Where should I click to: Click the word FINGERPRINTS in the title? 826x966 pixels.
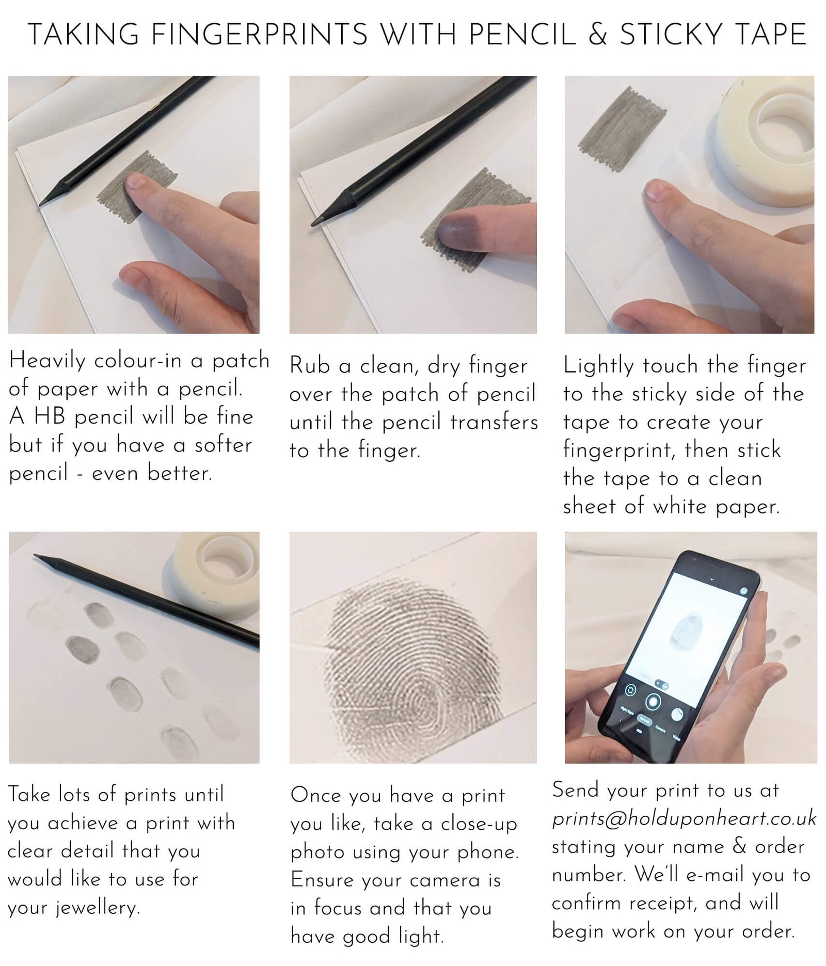click(259, 35)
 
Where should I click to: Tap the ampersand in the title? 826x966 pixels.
click(597, 35)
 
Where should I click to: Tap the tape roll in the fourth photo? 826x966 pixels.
click(217, 573)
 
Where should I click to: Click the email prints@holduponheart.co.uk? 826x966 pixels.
click(684, 818)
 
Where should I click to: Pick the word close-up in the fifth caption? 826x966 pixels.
click(479, 824)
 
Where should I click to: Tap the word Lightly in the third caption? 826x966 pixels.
click(598, 366)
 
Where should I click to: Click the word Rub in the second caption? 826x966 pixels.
click(309, 366)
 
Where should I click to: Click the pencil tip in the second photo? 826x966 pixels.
click(314, 223)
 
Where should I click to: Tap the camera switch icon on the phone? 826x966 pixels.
click(630, 690)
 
